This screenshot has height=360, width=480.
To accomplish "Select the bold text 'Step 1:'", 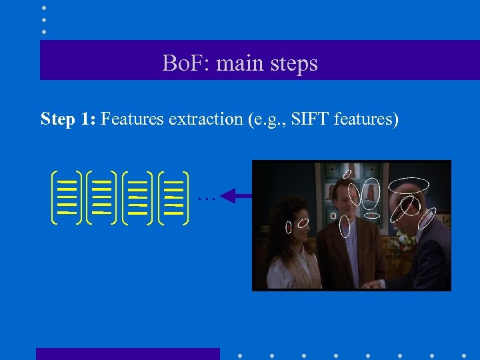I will point(69,119).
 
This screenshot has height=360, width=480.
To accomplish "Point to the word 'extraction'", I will point(205,119).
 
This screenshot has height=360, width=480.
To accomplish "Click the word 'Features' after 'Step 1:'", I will point(133,119).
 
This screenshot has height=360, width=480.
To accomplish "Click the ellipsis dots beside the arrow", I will point(206,198).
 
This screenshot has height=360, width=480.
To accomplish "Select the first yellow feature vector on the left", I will point(66,196).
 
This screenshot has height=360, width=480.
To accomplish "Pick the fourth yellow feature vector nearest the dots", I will point(175,196).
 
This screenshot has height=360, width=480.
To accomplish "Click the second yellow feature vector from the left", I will point(102,196).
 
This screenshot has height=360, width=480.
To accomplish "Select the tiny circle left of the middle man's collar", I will point(333,216).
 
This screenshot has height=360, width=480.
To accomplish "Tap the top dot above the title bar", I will point(44,8).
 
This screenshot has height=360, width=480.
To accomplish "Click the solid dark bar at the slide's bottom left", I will point(127,353).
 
